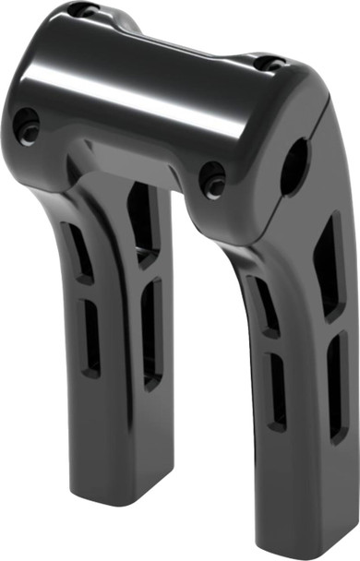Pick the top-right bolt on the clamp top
tap(270, 64)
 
